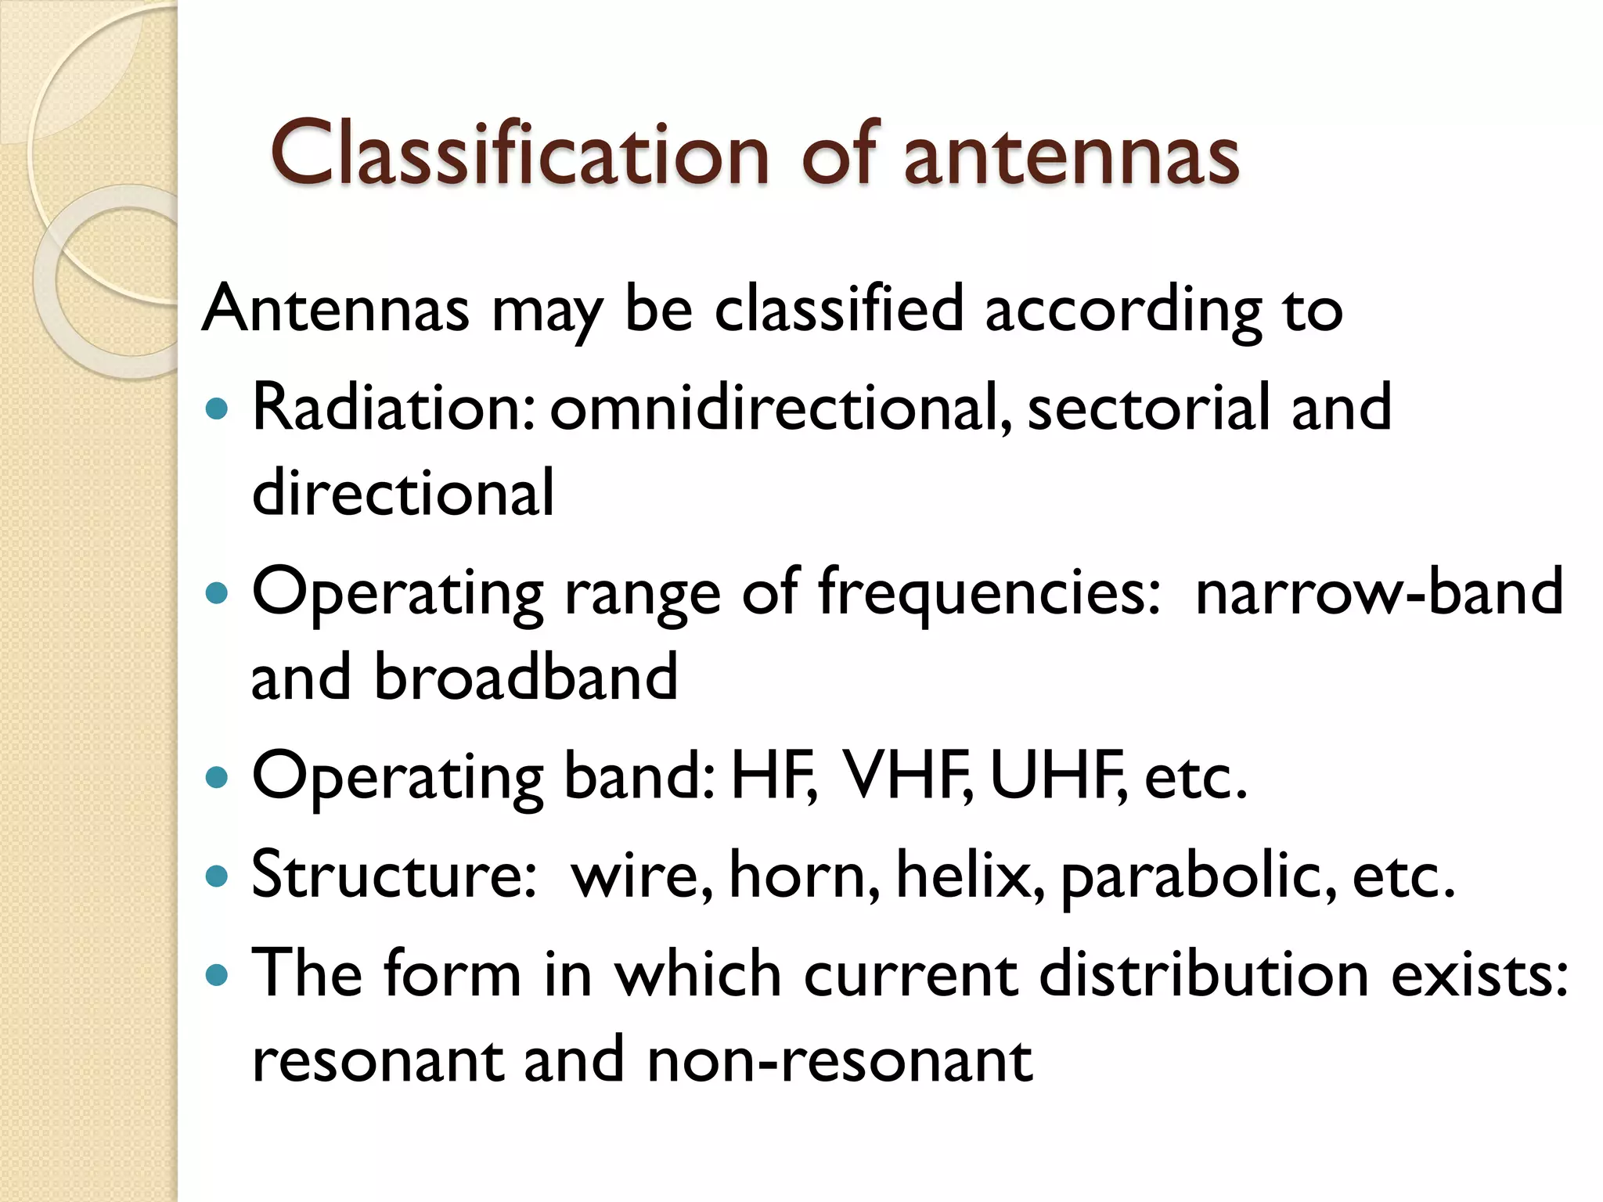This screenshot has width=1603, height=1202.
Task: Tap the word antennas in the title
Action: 1072,157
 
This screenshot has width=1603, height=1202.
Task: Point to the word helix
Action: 970,874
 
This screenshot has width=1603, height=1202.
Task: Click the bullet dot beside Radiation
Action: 216,408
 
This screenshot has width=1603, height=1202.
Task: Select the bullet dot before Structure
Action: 216,875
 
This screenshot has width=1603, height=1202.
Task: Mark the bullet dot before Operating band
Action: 216,777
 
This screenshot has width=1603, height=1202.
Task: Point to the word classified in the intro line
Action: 838,309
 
